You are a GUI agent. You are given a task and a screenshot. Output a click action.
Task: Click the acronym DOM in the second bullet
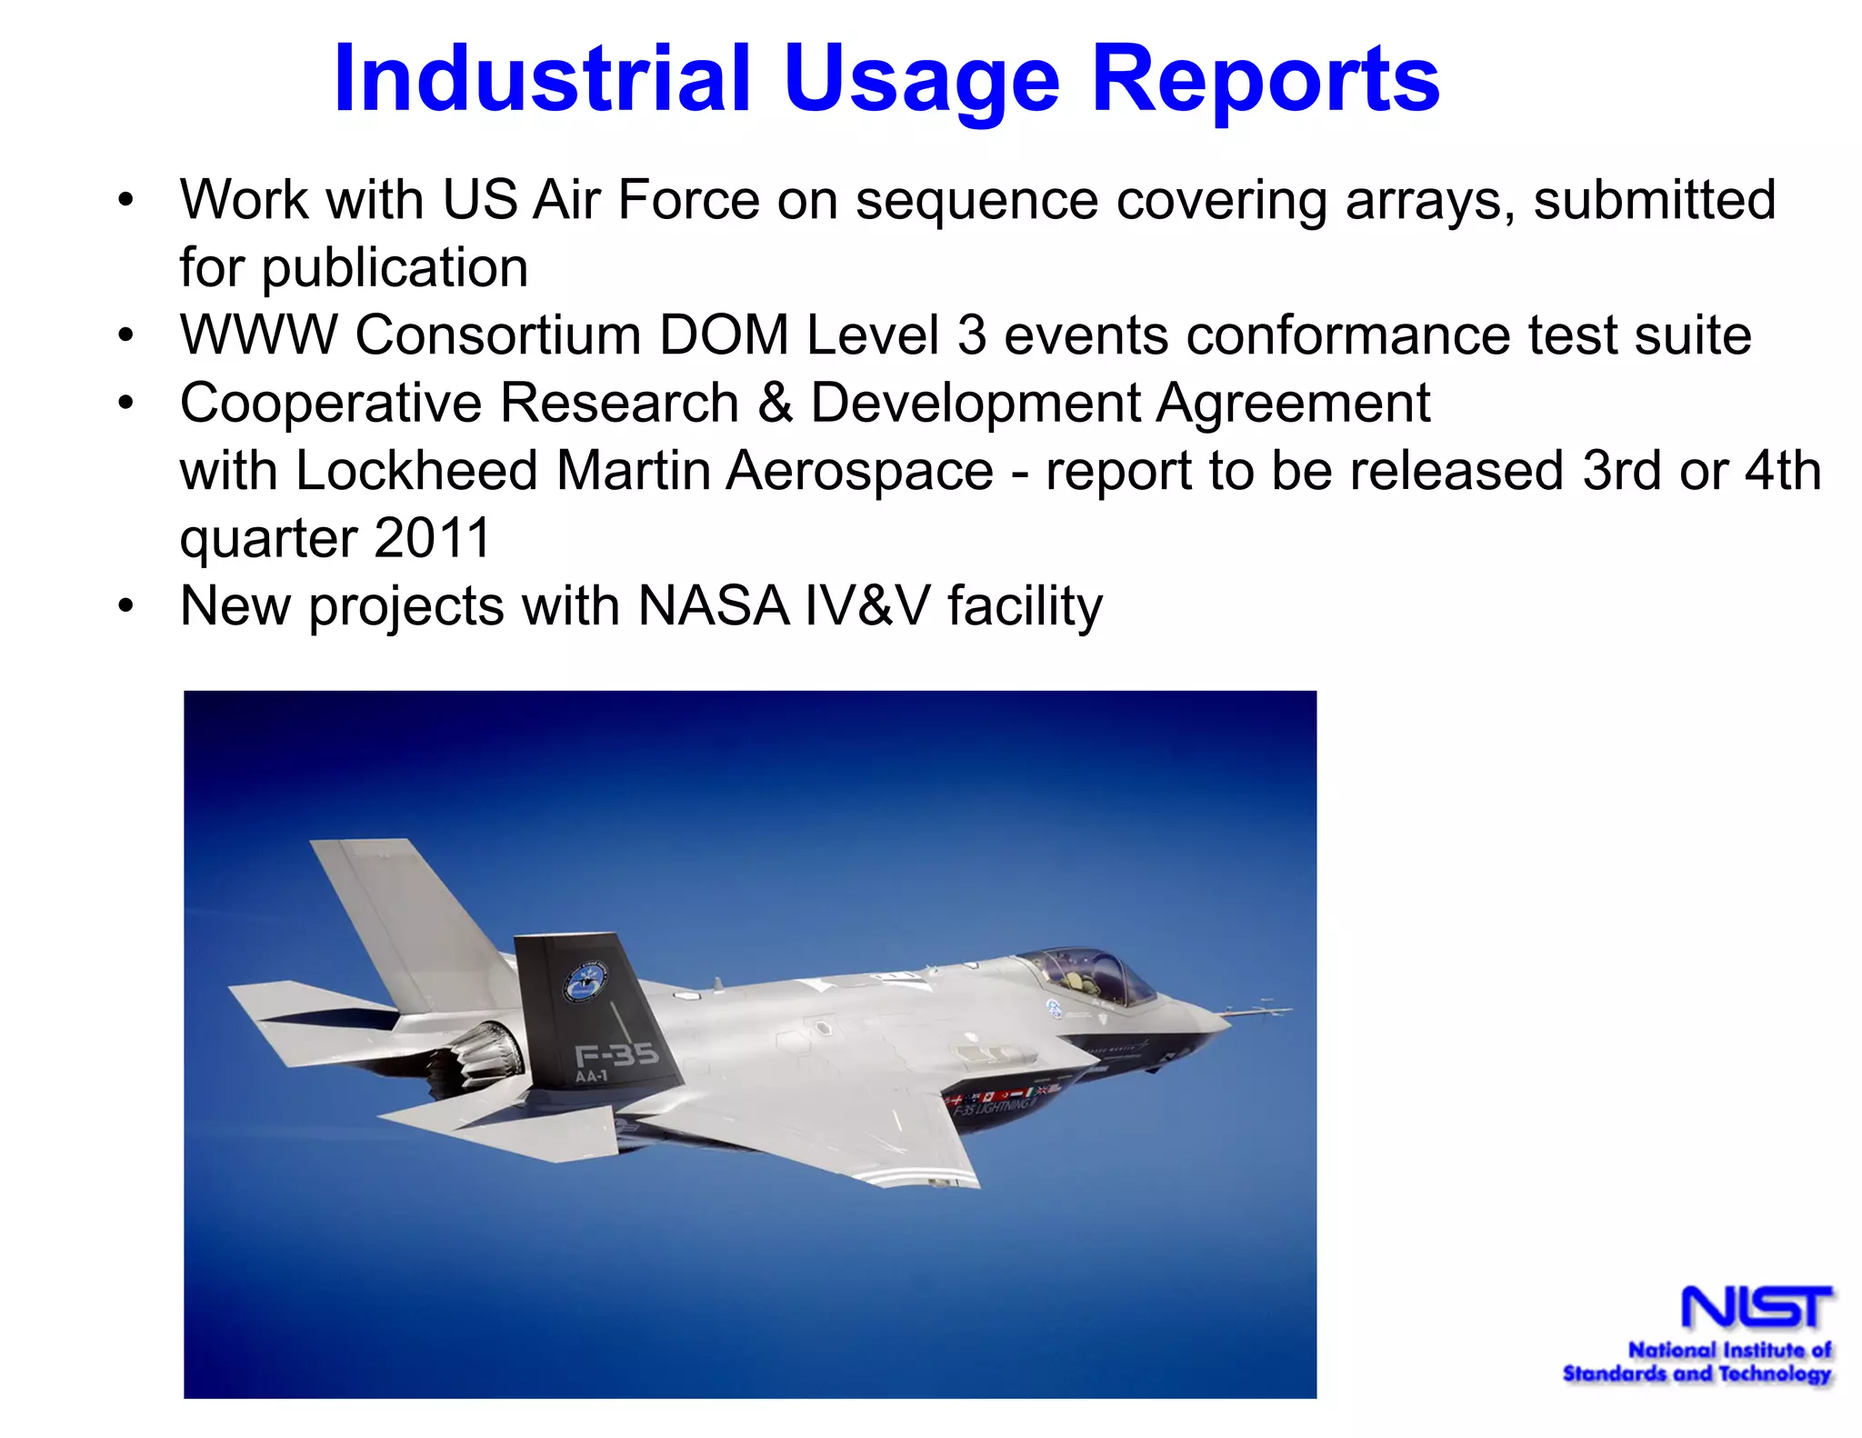[724, 335]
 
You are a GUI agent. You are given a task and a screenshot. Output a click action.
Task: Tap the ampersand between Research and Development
[775, 403]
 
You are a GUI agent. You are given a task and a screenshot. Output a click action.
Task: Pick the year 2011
[432, 538]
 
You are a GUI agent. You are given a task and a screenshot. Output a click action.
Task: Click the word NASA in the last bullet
[713, 606]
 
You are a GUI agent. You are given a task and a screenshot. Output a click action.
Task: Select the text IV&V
[867, 606]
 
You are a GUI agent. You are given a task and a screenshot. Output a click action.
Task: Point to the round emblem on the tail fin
[586, 984]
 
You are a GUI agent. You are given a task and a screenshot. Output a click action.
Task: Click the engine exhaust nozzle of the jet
[482, 1054]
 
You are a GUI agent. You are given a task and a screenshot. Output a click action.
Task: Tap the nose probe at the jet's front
[1259, 1009]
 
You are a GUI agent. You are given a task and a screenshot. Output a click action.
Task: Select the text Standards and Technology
[1697, 1373]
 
